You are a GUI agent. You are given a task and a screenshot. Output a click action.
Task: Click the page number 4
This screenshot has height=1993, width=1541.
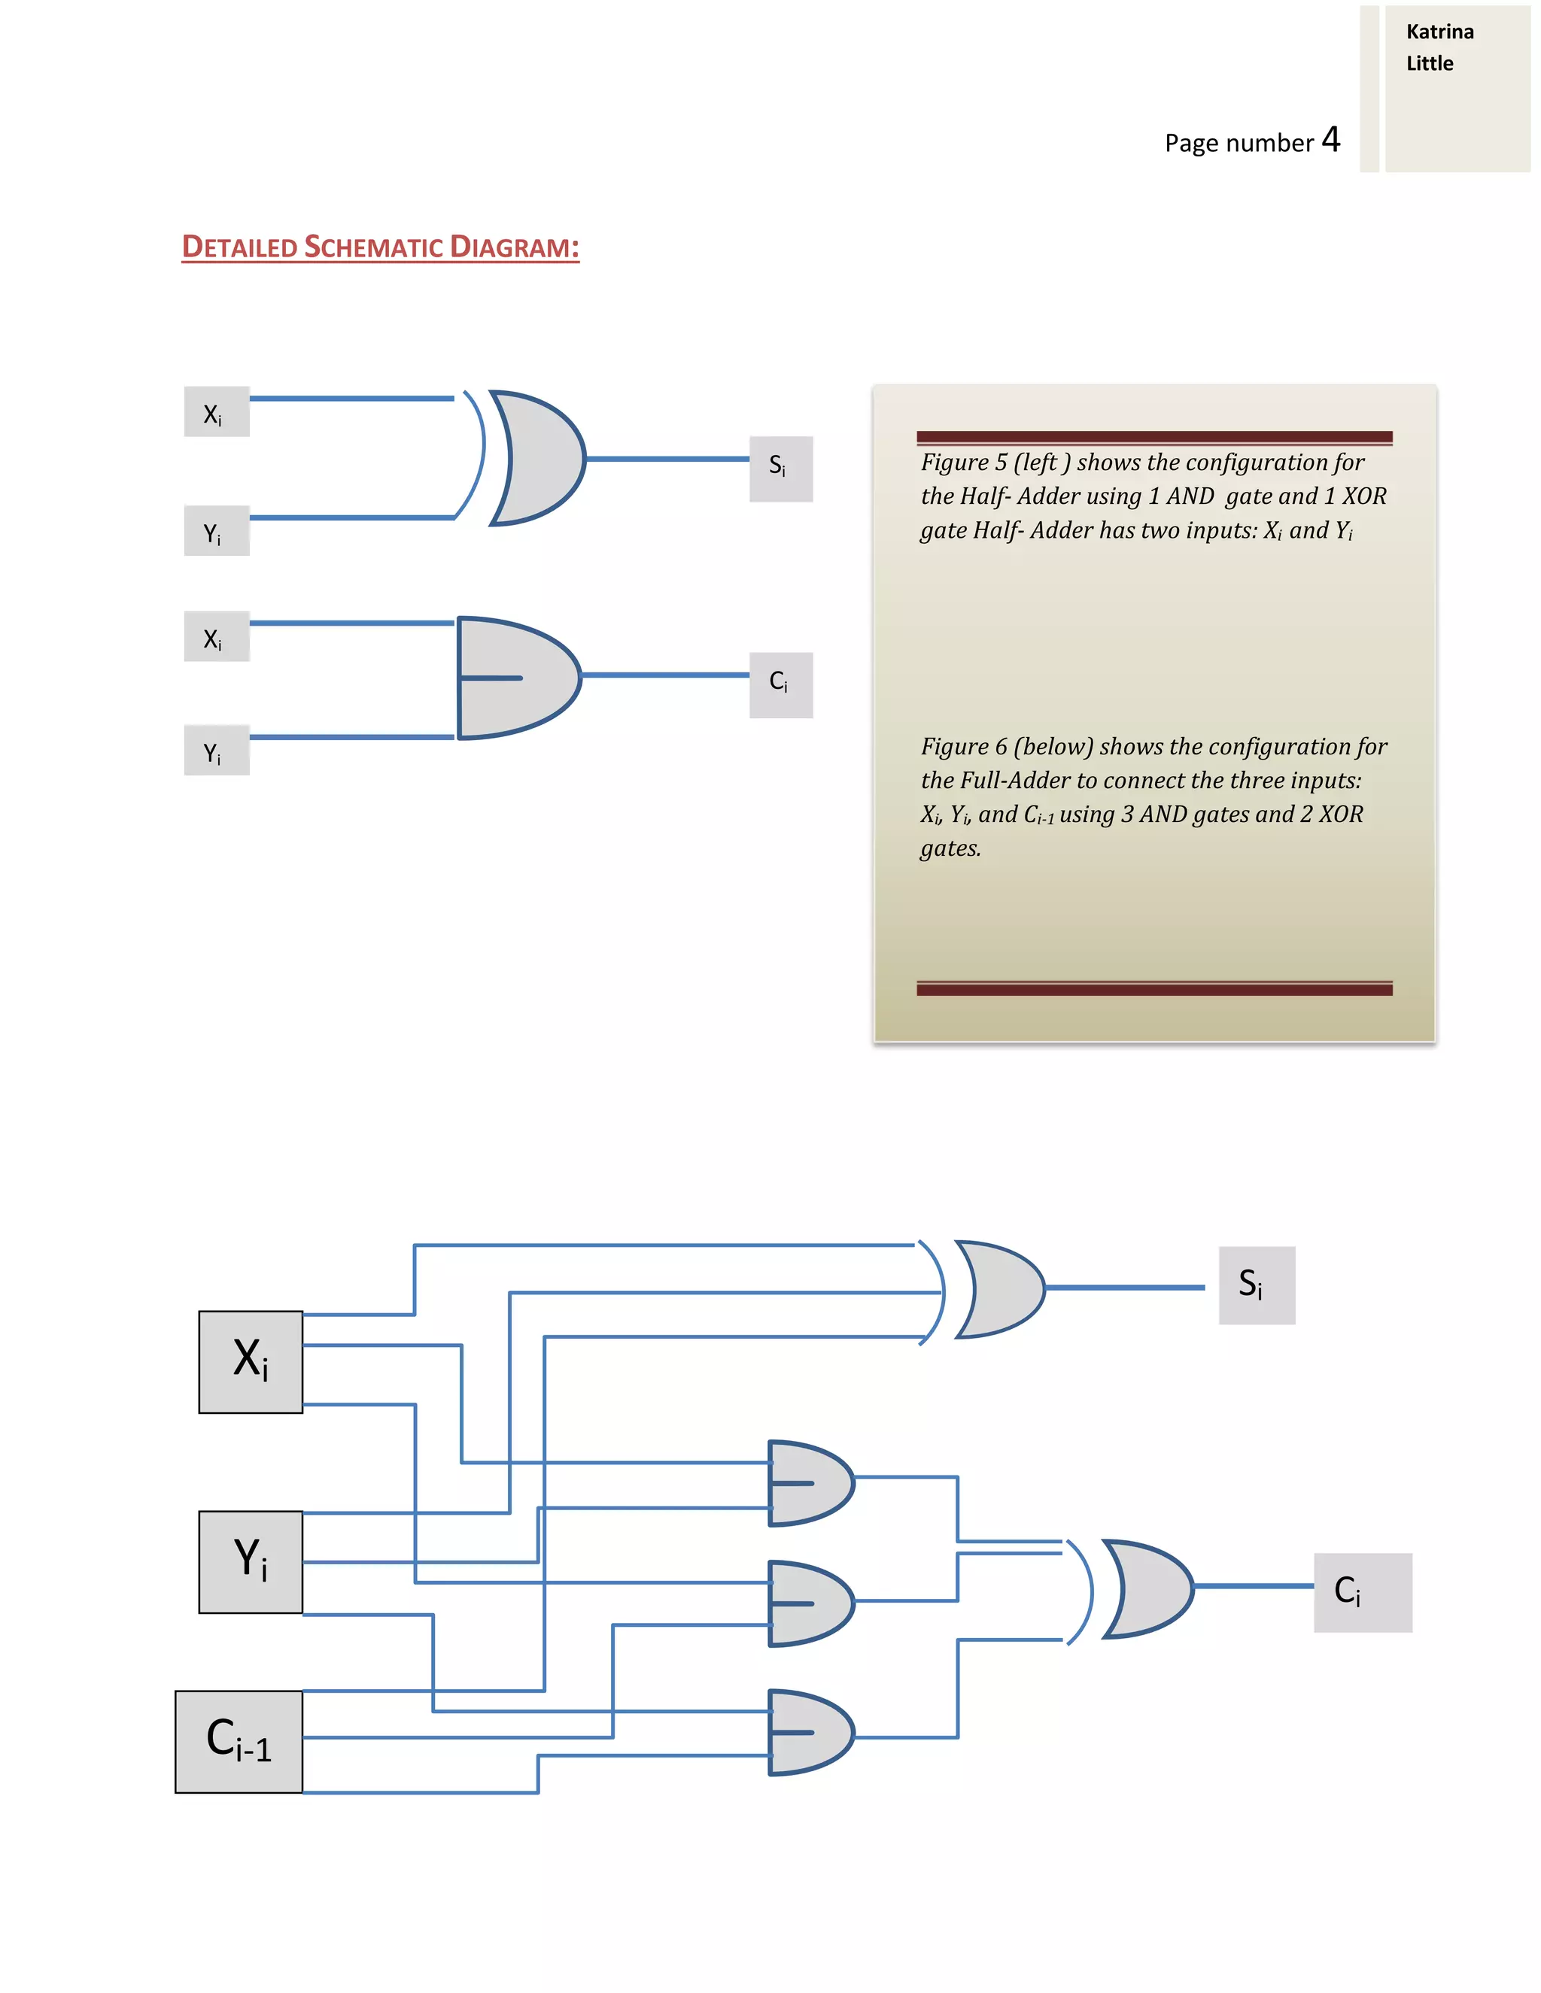point(1331,140)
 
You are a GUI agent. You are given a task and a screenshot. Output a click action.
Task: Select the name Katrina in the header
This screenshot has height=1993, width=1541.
point(1439,32)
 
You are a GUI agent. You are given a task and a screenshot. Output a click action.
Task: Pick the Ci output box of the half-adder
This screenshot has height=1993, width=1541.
point(780,685)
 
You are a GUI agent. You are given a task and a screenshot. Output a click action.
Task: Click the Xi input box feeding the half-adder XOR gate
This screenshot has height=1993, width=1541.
point(217,411)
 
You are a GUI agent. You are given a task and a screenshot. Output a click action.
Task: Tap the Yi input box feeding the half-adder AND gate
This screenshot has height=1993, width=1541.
point(217,750)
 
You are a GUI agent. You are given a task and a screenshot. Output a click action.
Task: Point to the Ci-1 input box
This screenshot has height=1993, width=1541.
point(239,1741)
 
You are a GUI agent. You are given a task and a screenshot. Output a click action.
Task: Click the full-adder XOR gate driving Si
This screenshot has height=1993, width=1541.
point(998,1289)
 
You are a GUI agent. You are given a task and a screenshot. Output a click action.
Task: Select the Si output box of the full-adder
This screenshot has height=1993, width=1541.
point(1256,1285)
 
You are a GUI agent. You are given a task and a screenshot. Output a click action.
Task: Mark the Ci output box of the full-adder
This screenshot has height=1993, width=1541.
point(1362,1592)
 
